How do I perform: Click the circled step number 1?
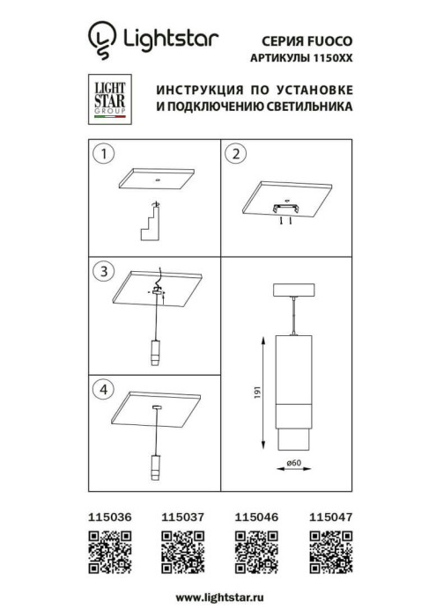click(x=105, y=155)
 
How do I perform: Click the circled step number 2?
click(x=234, y=155)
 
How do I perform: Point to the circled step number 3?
click(x=105, y=270)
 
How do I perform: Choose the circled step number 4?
click(x=105, y=387)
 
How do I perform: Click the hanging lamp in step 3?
click(x=155, y=351)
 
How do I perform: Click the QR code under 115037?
click(x=181, y=555)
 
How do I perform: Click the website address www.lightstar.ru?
click(x=218, y=598)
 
